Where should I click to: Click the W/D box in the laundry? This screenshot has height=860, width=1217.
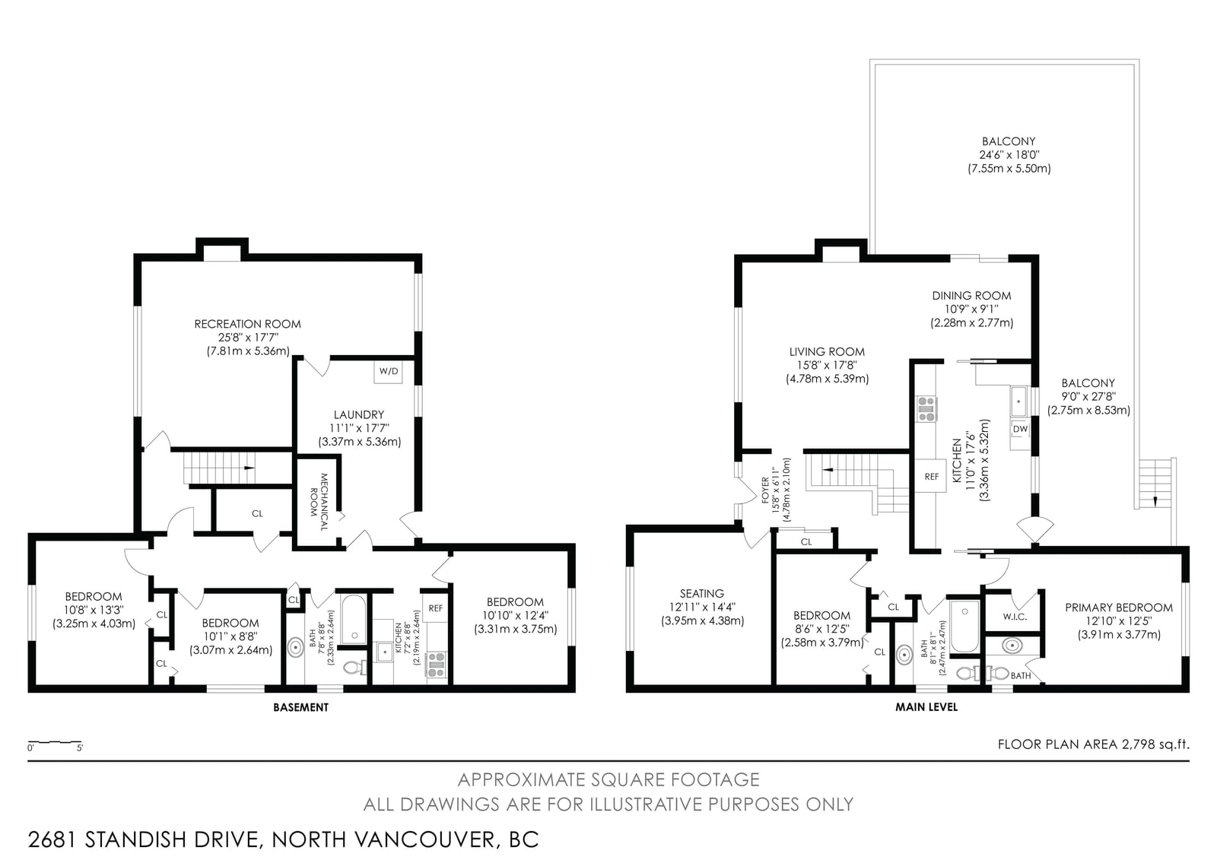[388, 372]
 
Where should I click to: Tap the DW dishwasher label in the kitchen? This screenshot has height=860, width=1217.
[1020, 429]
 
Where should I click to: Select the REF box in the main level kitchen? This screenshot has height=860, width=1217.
[931, 477]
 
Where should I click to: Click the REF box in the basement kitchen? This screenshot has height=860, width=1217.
[436, 608]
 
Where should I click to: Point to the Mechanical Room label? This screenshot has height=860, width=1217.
[319, 501]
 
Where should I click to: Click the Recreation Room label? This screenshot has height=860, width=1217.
[248, 324]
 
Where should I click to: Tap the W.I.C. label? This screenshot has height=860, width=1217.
[1015, 617]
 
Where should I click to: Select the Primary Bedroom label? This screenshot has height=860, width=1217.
[1119, 608]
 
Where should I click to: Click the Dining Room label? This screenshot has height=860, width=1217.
[971, 296]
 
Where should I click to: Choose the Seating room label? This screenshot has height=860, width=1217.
[702, 593]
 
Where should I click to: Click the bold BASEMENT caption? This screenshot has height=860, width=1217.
[300, 707]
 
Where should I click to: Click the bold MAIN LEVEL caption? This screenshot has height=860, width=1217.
[926, 707]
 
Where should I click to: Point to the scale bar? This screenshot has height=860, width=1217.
[55, 741]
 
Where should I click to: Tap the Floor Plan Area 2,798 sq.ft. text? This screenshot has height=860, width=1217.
[1093, 744]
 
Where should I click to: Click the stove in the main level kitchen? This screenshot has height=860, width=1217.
[927, 409]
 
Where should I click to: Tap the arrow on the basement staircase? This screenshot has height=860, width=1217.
[249, 467]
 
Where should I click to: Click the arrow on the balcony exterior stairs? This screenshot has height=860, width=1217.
[1155, 501]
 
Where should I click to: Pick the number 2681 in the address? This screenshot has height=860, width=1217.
[52, 839]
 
